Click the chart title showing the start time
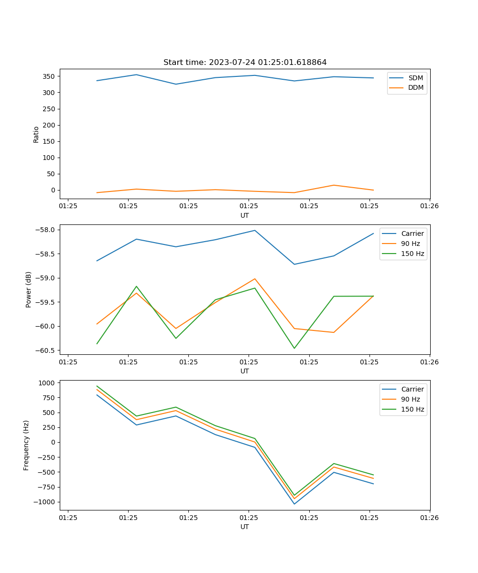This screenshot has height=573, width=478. [x=245, y=63]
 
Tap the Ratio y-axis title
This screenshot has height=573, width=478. [x=36, y=134]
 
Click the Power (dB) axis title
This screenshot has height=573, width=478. [x=29, y=289]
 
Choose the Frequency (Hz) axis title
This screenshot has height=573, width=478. [x=26, y=445]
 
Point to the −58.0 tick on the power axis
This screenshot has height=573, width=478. [x=47, y=230]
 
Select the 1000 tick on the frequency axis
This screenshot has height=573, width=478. [x=48, y=383]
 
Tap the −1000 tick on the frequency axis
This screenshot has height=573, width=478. [x=46, y=502]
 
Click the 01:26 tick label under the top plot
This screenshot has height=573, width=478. [x=429, y=206]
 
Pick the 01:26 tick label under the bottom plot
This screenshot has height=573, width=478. [x=429, y=517]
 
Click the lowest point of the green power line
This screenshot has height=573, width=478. [x=294, y=348]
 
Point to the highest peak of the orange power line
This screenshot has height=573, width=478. [x=255, y=279]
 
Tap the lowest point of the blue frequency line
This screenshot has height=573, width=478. [x=294, y=504]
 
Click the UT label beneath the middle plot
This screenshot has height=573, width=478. [x=245, y=371]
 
